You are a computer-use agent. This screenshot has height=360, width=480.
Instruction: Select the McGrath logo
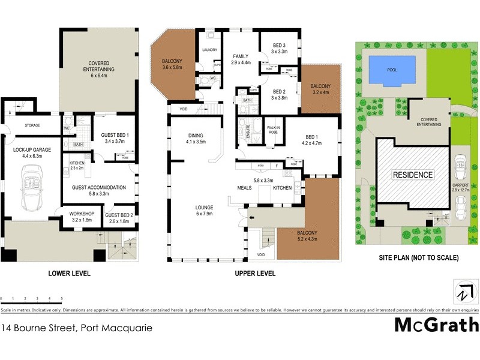click(436, 325)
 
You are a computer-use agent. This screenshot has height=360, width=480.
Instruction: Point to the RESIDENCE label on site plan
click(412, 175)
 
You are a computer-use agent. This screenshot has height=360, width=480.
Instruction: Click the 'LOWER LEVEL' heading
click(69, 274)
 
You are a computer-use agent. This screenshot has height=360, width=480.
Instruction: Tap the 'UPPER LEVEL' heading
click(254, 274)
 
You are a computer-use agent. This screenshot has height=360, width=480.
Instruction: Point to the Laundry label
click(209, 50)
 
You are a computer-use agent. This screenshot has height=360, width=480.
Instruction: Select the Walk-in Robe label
click(274, 130)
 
